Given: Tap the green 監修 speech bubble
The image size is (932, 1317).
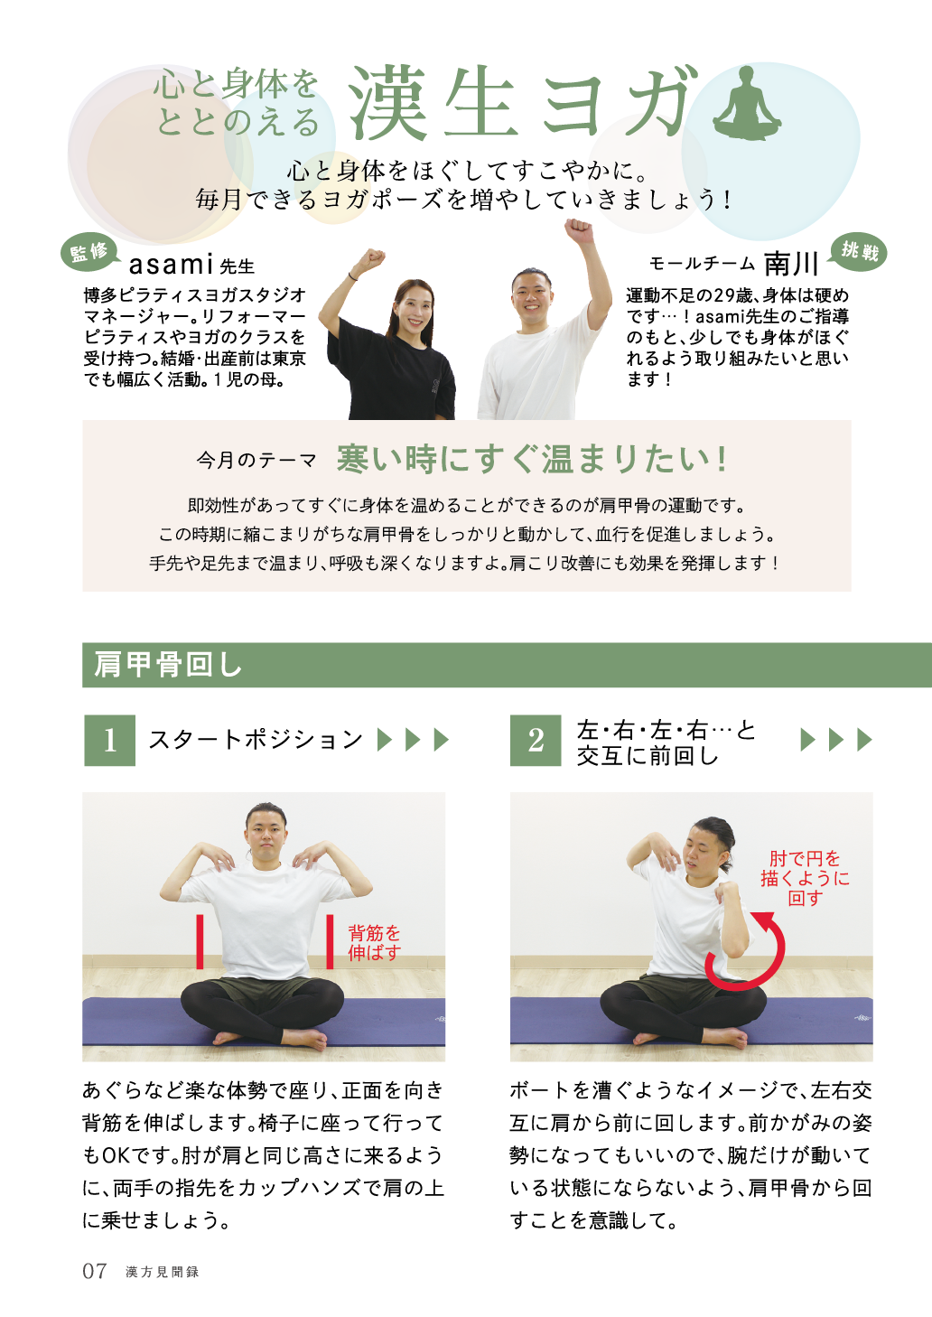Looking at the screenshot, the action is coord(90,254).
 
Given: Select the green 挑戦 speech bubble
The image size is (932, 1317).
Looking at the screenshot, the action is coord(858,253).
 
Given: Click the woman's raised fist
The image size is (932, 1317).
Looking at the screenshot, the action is coord(371,259).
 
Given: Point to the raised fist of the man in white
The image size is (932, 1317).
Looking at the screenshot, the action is coord(578,229).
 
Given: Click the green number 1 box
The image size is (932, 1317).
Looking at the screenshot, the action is coord(110,740).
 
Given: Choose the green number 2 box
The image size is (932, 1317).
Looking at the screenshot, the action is coord(536,740).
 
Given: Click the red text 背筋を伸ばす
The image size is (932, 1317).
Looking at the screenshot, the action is coord(374,942).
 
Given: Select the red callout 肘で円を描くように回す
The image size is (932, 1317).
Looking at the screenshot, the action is coord(805,878).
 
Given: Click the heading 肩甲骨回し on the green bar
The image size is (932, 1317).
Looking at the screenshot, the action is coord(168,665).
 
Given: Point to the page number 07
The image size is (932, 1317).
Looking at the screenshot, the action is coord(95,1271).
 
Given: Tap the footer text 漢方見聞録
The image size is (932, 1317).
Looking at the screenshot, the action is coord(163,1272).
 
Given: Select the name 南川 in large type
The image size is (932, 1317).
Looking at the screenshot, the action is coord(791,264).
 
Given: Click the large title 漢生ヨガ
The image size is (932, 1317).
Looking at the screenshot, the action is coord(523,102).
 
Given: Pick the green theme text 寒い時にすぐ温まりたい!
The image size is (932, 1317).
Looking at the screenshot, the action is coord(532,459).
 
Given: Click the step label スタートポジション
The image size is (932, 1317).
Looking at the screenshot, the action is coord(256,740).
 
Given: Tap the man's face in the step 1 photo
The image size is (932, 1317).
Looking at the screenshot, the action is coord(266,836).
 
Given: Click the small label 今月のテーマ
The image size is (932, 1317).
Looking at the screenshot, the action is coord(256,461).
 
